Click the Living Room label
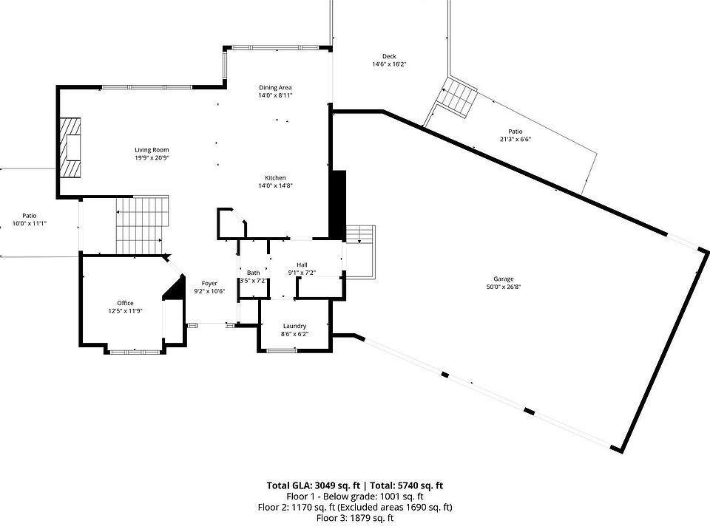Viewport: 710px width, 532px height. pos(152,150)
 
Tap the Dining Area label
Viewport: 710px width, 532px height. pos(275,87)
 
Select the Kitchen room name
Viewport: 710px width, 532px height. pos(276,177)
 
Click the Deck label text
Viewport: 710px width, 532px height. pos(389,57)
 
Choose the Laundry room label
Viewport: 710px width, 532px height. pos(294,326)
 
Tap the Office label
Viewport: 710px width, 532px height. pos(125,303)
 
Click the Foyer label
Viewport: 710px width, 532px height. pos(209,283)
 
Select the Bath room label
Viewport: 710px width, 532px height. pos(253,273)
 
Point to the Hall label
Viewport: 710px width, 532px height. pos(302,265)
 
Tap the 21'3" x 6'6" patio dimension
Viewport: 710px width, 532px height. pos(515,139)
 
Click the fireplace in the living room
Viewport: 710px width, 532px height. pos(71,148)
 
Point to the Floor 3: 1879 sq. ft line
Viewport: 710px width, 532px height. pos(355,519)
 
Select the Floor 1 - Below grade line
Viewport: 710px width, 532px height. pos(355,497)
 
